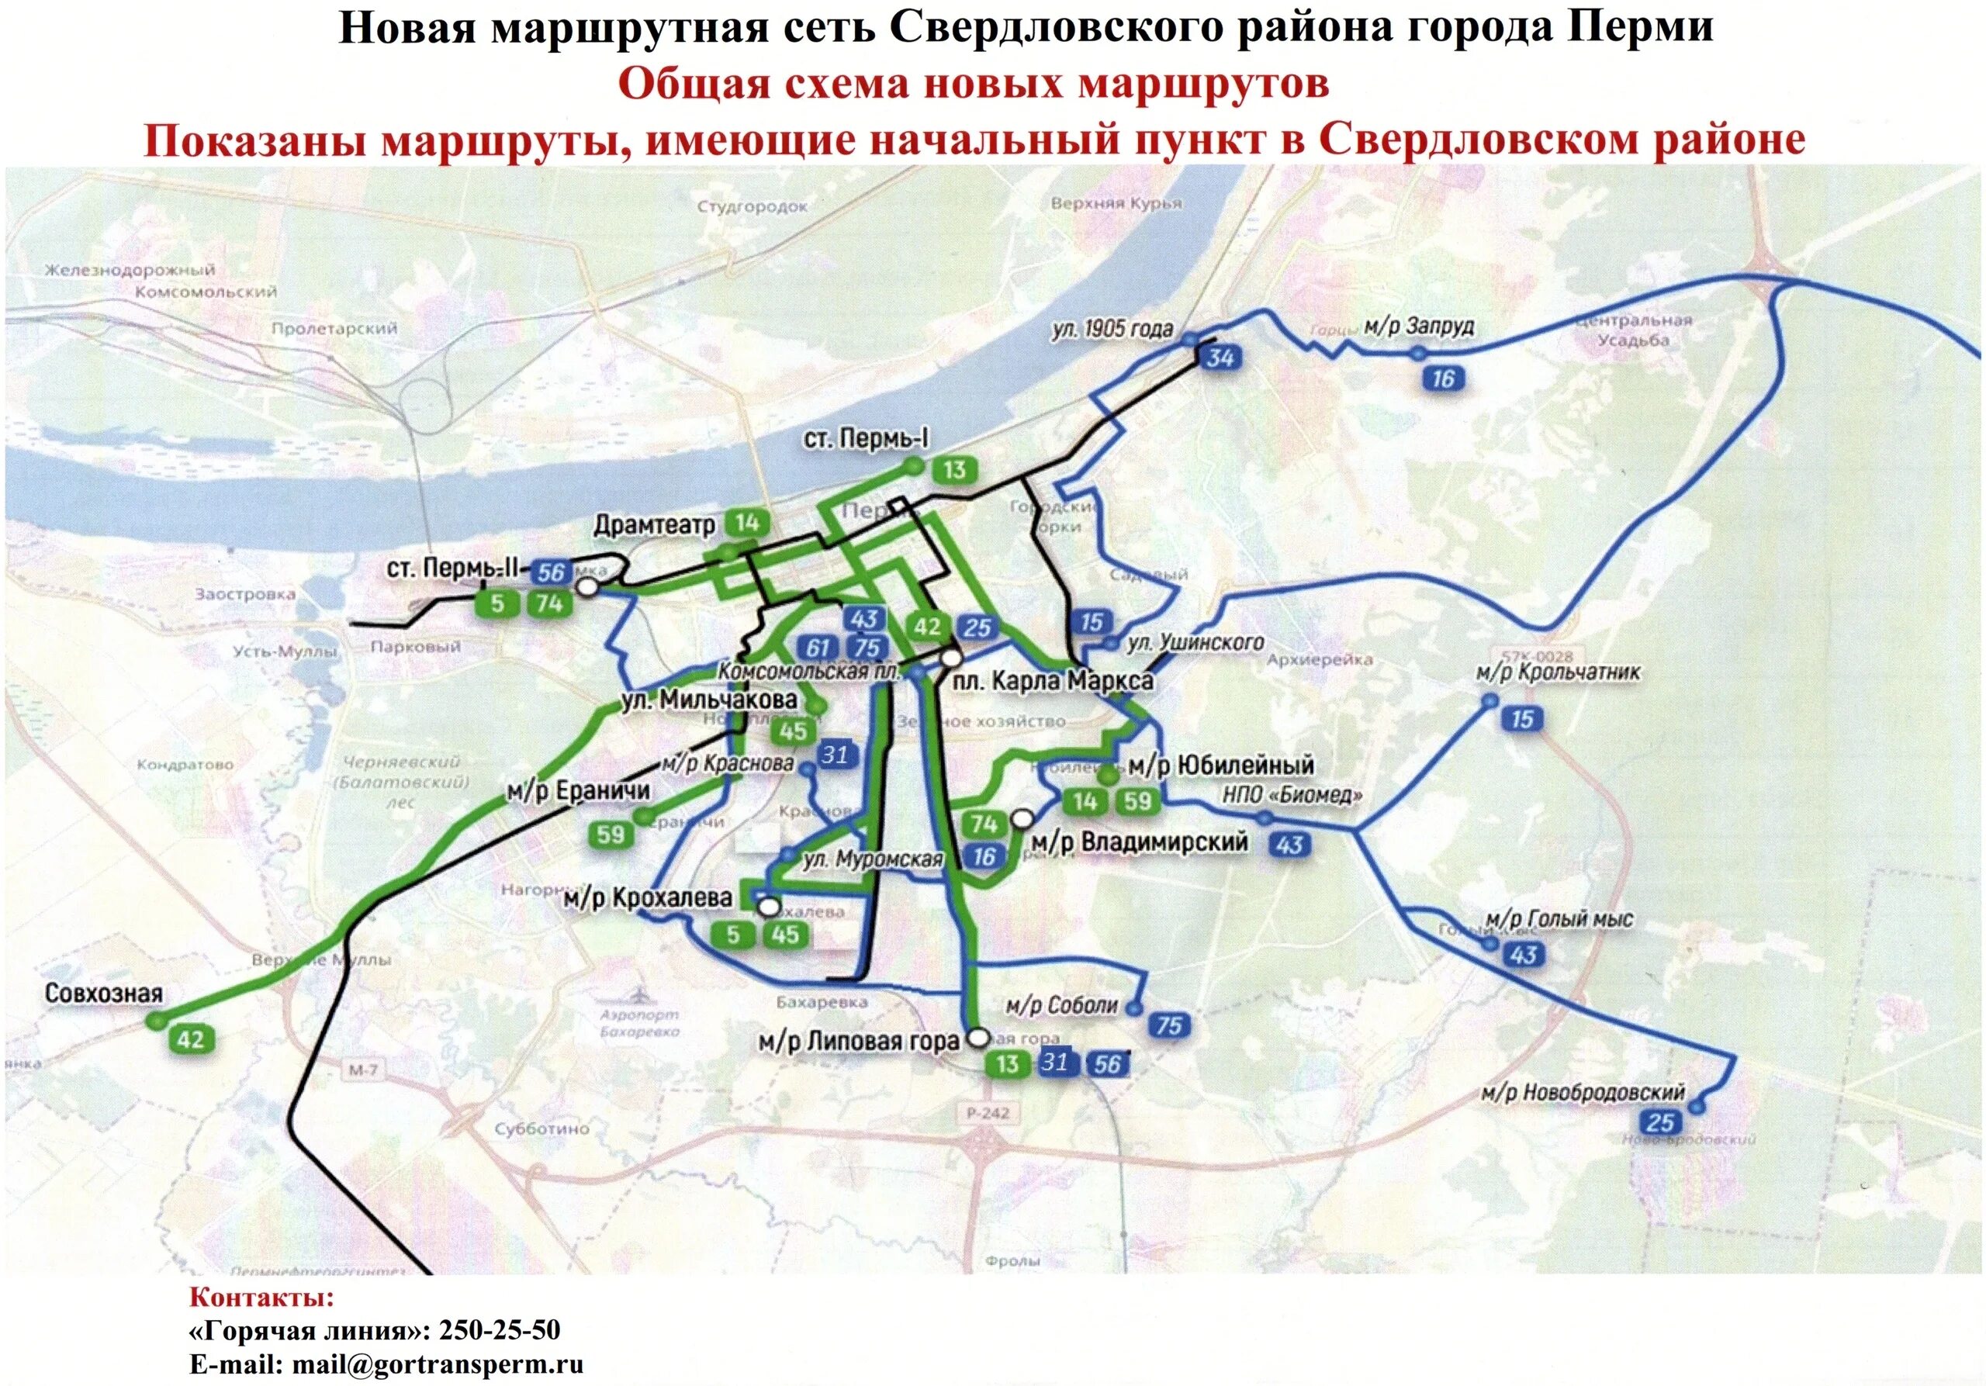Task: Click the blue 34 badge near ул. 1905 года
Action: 1220,357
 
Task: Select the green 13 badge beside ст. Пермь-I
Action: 954,470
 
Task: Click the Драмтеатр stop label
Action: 655,525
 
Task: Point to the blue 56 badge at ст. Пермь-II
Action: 551,572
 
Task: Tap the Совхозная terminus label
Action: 104,993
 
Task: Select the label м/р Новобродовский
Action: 1583,1092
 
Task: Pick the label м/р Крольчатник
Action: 1558,672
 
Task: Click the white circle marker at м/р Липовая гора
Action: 978,1038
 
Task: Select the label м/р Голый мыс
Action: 1559,918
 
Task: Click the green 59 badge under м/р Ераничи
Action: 611,835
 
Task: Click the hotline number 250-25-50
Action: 500,1331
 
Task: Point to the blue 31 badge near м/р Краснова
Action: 834,755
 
